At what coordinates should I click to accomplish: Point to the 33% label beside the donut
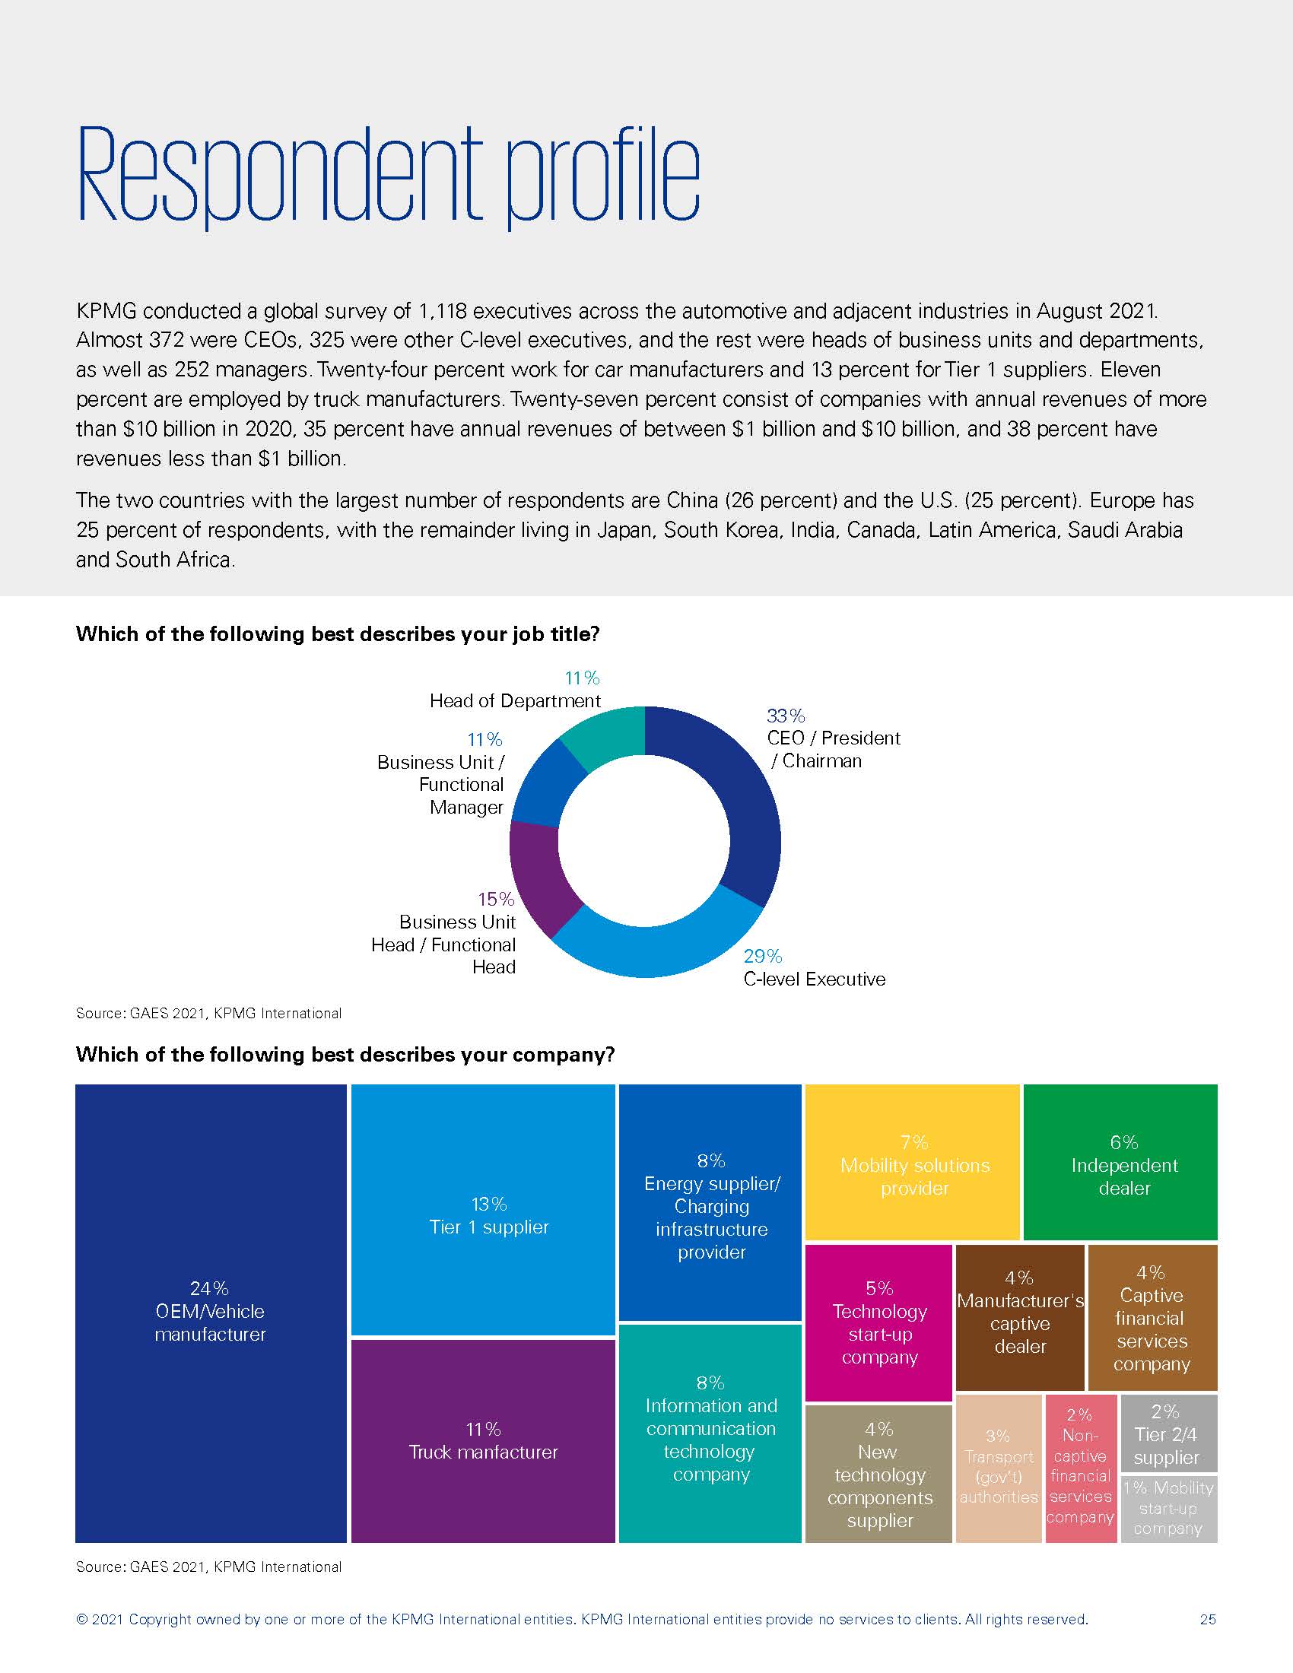coord(785,716)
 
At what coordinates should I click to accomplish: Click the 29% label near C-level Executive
coord(762,956)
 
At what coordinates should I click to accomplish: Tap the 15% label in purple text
coord(496,899)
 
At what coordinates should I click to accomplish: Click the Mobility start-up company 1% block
coord(1168,1509)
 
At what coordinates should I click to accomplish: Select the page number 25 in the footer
coord(1207,1619)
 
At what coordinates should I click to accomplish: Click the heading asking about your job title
coord(337,634)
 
